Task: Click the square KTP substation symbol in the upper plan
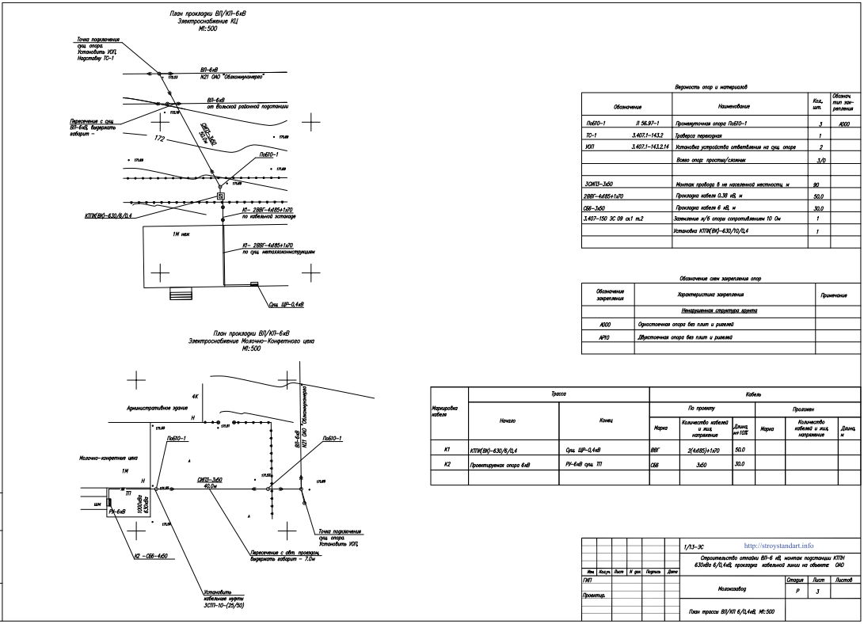click(x=221, y=196)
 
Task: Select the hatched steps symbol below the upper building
click(x=181, y=294)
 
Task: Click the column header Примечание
click(x=833, y=295)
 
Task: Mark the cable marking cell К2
click(x=447, y=463)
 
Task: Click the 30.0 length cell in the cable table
click(x=740, y=463)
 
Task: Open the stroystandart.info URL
click(x=779, y=546)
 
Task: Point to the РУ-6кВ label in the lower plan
click(x=117, y=512)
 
